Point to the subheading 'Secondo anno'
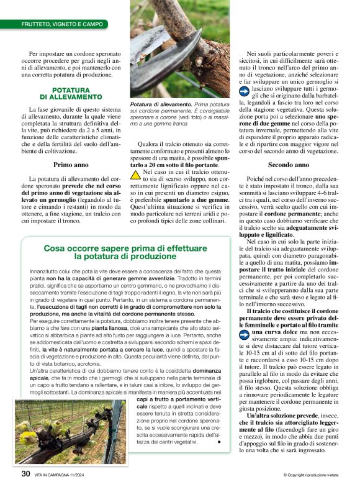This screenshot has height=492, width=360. coord(288,165)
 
